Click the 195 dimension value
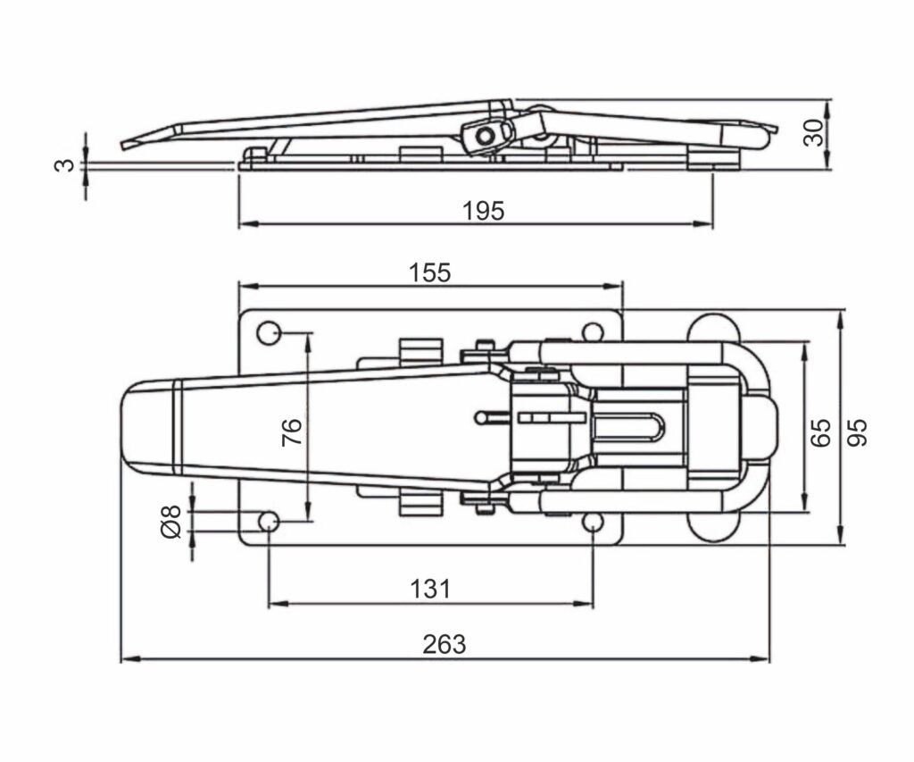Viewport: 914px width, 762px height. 484,211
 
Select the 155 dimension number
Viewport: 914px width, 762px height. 430,272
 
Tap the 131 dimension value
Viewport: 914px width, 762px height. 430,589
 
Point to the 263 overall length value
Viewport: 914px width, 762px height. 445,644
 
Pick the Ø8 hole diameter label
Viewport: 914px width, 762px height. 172,522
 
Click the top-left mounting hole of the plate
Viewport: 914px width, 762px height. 268,333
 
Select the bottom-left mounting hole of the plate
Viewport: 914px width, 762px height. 268,522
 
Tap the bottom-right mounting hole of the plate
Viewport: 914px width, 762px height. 594,522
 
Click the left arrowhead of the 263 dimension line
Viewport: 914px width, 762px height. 125,659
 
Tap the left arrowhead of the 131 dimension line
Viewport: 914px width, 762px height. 273,604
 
